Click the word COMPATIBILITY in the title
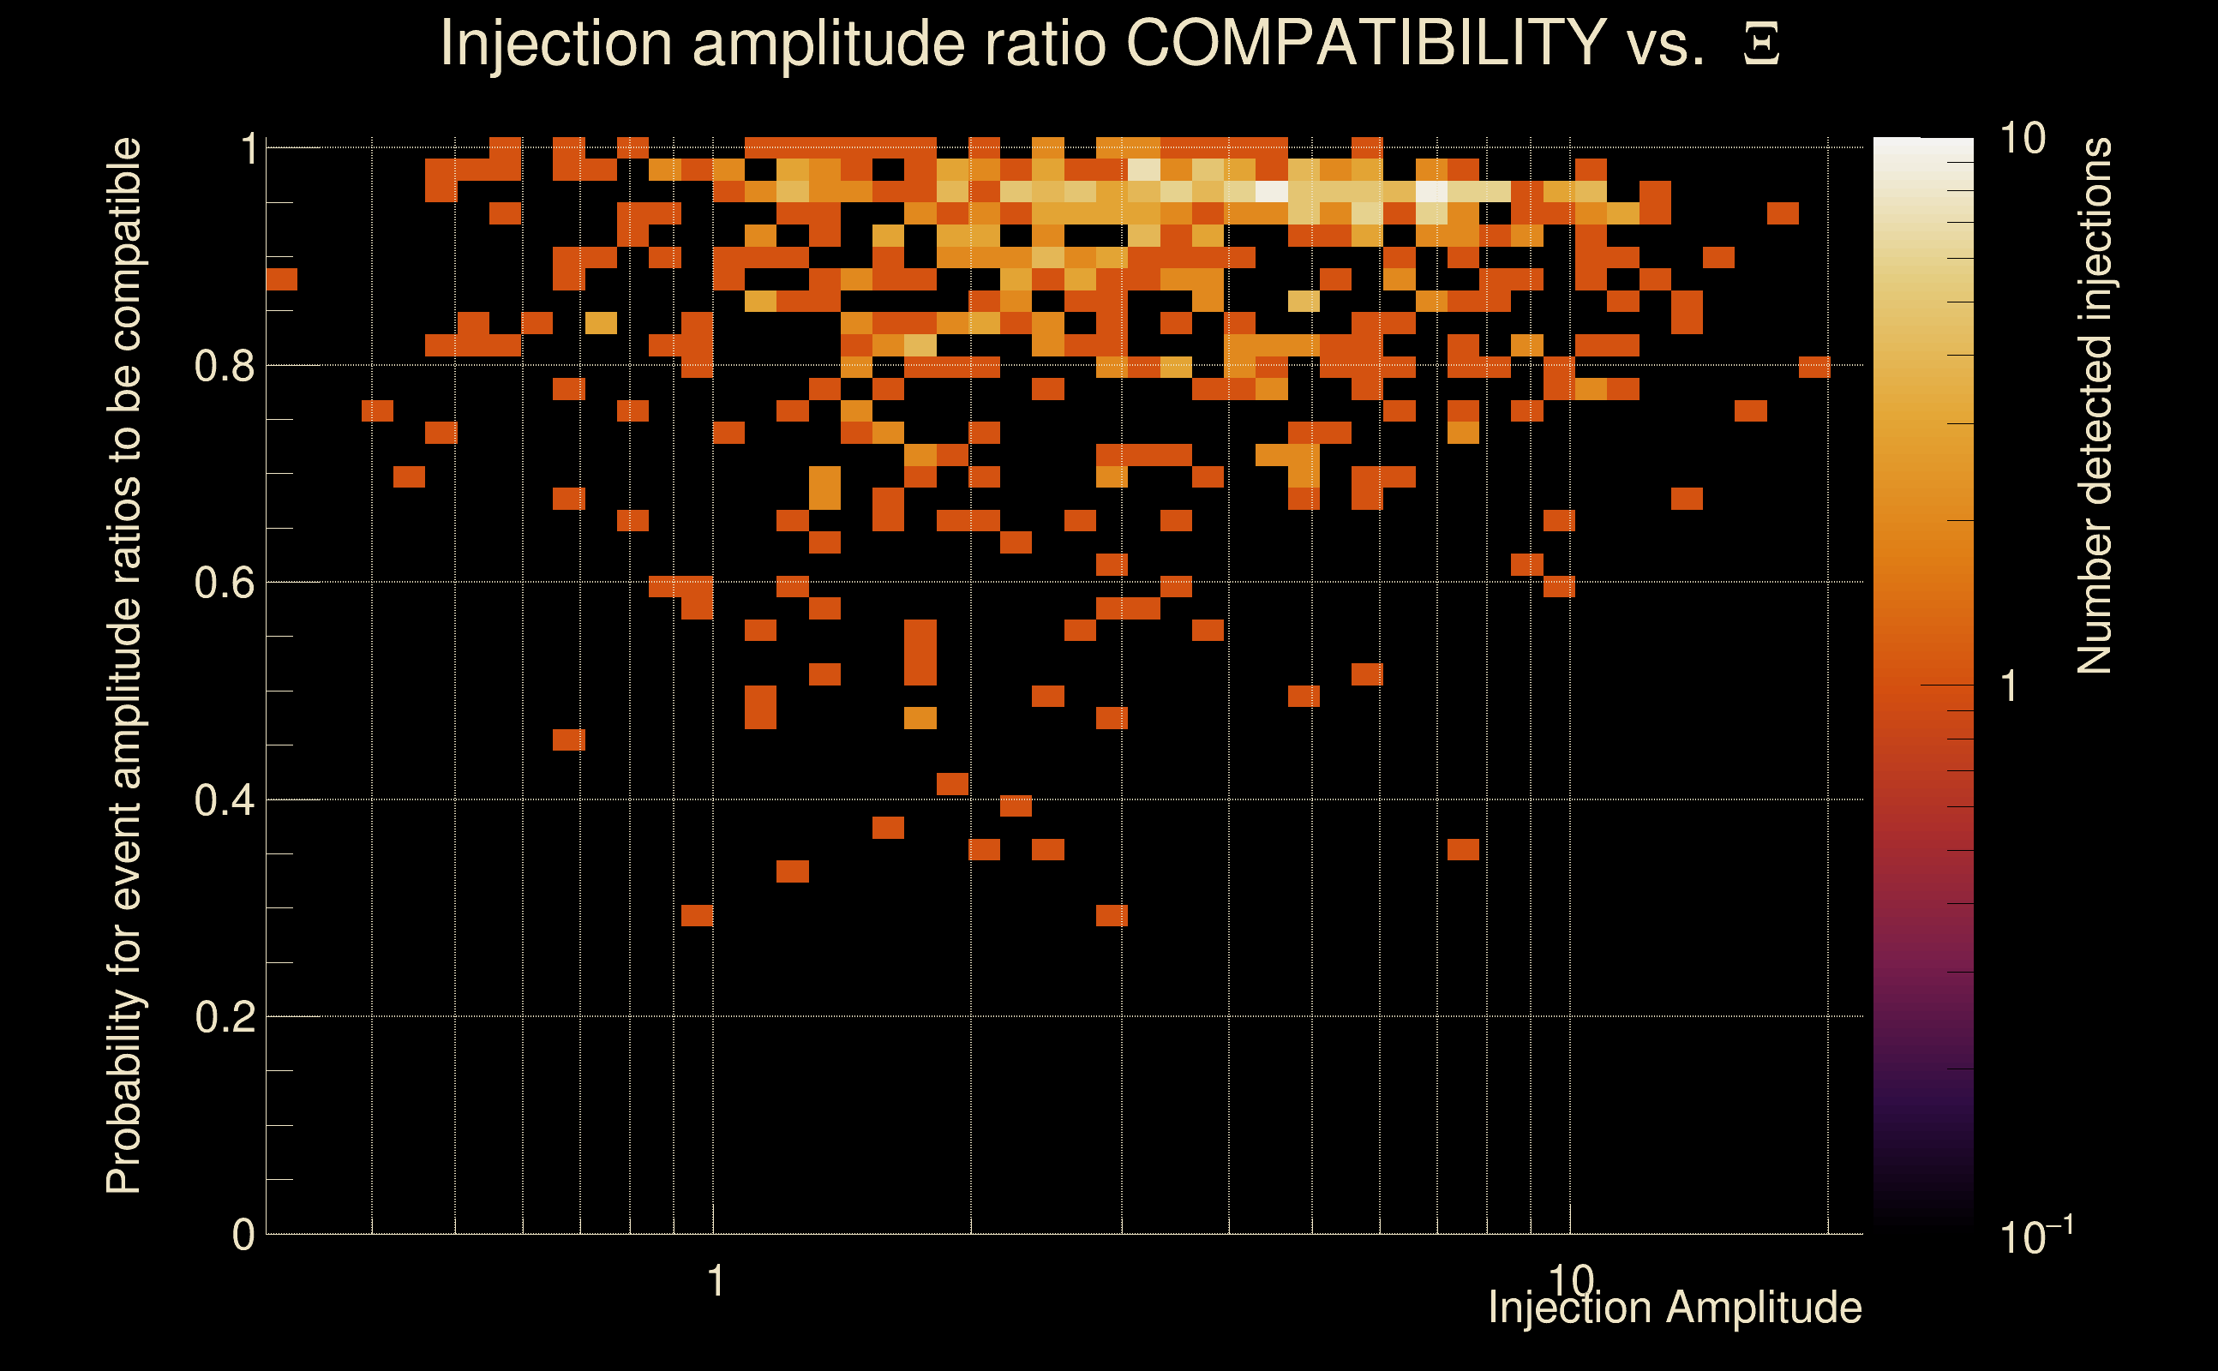click(1365, 43)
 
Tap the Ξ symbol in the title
click(1761, 45)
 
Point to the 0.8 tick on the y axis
click(224, 367)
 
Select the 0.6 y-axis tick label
click(224, 583)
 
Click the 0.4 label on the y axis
click(224, 800)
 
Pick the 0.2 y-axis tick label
click(224, 1017)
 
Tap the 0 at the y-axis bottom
click(243, 1235)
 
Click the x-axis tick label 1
click(716, 1281)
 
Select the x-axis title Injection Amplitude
click(1675, 1308)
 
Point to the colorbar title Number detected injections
click(2094, 405)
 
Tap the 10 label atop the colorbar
click(2022, 139)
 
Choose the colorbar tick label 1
click(2010, 686)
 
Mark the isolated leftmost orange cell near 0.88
click(281, 279)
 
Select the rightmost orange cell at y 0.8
click(1814, 367)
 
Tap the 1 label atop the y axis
click(249, 150)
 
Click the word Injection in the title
click(556, 43)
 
